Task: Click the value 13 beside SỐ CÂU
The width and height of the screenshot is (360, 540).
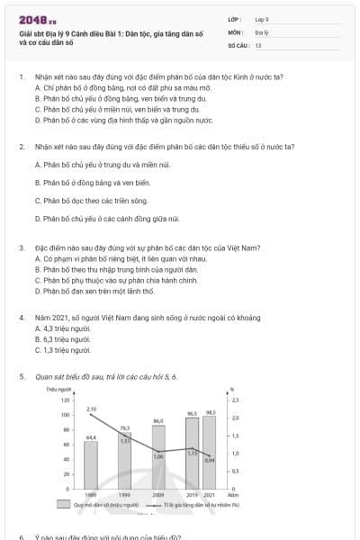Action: [x=258, y=44]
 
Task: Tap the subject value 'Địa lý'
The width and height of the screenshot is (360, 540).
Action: [x=262, y=31]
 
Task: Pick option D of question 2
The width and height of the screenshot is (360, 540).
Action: [x=106, y=219]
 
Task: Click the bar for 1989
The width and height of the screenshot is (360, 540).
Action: [x=91, y=463]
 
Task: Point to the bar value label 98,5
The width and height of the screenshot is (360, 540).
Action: [x=211, y=412]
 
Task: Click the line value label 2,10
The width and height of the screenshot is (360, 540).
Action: [x=91, y=409]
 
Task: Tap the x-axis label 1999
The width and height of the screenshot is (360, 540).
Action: [x=125, y=495]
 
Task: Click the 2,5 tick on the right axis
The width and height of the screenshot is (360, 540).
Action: [x=236, y=399]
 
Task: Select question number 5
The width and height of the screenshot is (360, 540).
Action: [x=21, y=375]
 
